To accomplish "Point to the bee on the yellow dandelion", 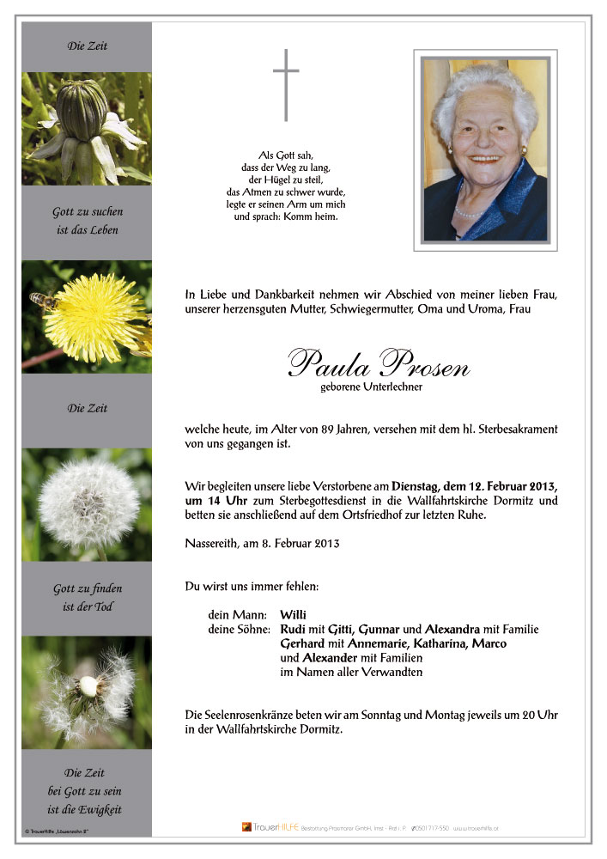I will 43,300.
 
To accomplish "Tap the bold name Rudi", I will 294,629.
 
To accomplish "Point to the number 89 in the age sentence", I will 325,429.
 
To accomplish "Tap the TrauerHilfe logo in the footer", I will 269,827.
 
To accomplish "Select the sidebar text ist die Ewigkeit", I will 85,810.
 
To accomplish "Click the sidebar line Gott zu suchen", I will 88,211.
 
